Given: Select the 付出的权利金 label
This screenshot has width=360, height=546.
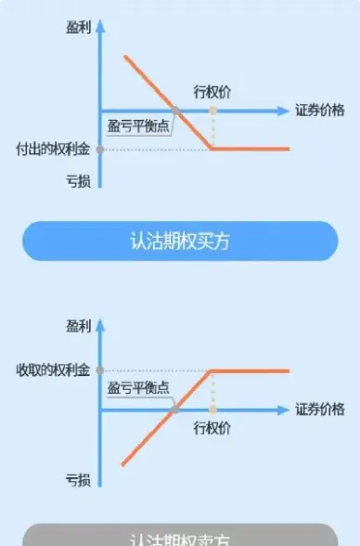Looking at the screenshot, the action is [x=52, y=149].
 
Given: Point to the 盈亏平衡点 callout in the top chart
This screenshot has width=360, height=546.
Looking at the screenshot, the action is [x=139, y=126].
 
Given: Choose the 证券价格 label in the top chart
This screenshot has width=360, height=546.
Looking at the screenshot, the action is [x=320, y=110].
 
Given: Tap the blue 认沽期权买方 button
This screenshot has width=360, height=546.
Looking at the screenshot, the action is [x=180, y=240].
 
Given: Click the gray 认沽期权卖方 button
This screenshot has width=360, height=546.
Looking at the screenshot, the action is [x=180, y=537].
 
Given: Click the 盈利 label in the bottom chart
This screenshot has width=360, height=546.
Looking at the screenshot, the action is [x=78, y=327].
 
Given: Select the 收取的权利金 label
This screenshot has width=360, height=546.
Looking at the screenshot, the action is [x=52, y=370].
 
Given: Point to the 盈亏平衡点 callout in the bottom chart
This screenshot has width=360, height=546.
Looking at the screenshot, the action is [x=139, y=387].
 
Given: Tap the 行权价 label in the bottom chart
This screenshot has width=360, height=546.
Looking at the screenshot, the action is [x=212, y=428].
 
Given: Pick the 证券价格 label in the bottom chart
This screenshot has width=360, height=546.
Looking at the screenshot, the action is [x=320, y=409].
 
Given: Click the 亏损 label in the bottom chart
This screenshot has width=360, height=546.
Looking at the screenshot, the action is [x=78, y=480].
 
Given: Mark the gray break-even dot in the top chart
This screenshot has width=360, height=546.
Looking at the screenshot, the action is [x=176, y=111].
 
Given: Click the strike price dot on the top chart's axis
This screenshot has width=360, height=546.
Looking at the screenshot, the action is [x=212, y=111].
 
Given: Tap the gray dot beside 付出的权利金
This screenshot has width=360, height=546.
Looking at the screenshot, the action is [x=100, y=149].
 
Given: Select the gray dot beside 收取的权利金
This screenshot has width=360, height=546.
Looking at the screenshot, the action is [x=100, y=370].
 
